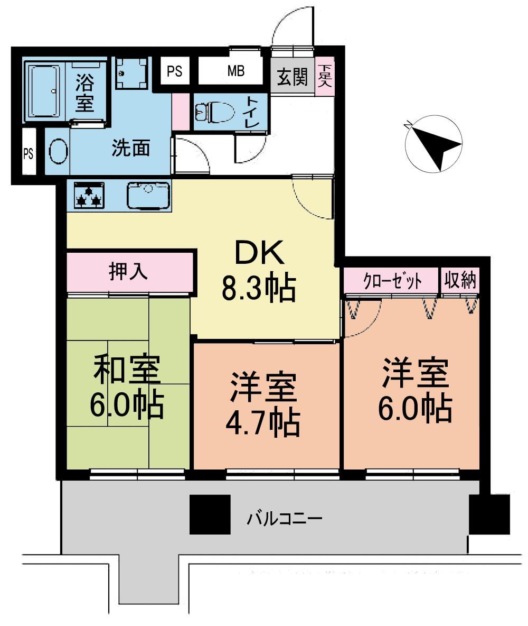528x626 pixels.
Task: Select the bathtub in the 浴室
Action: point(44,91)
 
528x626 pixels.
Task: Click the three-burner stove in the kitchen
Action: point(88,195)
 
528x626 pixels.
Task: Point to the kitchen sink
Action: point(149,194)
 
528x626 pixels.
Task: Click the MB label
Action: point(235,71)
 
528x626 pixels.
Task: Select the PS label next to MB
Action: point(175,71)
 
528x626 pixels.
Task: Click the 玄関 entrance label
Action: point(292,78)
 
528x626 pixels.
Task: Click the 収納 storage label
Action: point(460,280)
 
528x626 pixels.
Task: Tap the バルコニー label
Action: point(285,517)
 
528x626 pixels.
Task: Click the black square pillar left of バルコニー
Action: point(210,514)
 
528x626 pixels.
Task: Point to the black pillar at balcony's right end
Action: point(489,514)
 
